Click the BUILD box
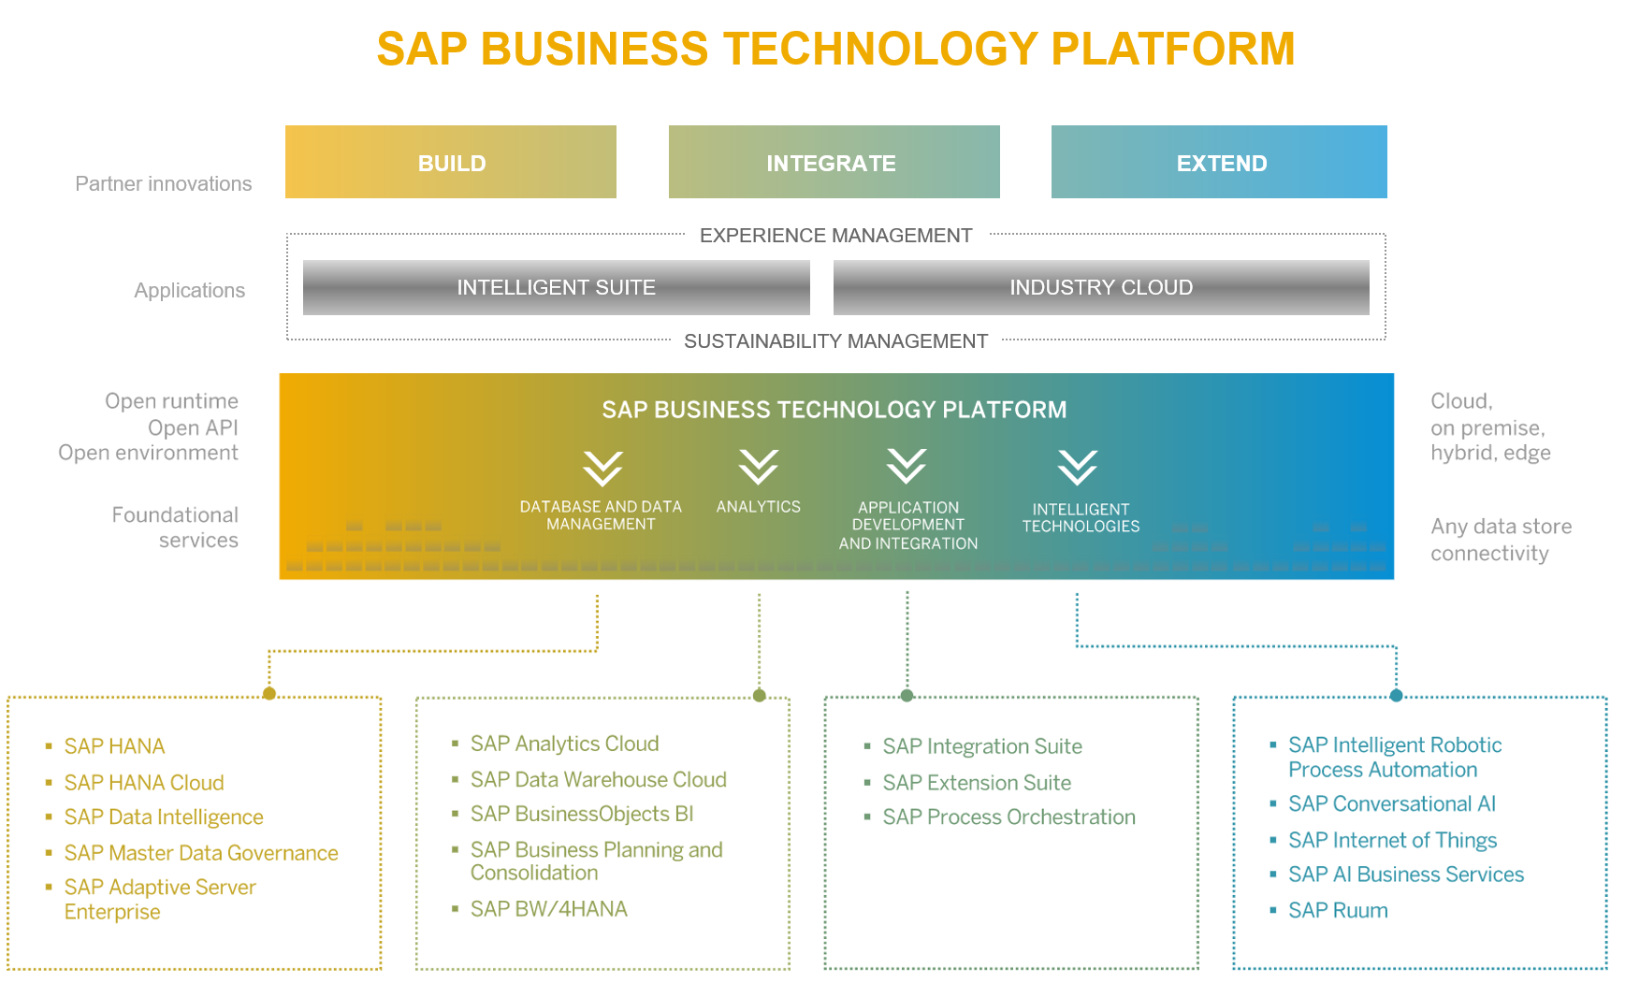tap(451, 163)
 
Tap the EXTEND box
tap(1219, 163)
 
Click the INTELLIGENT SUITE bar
tap(556, 287)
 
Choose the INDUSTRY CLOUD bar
tap(1101, 287)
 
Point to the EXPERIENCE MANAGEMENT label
tap(835, 236)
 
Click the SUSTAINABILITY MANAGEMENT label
tap(835, 341)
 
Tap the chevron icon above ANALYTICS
tap(759, 466)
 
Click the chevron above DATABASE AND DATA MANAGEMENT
tap(602, 468)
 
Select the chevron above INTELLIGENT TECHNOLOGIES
tap(1078, 467)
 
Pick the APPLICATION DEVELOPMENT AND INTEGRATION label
tap(907, 525)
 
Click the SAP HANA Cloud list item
tap(144, 783)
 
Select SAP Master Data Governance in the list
tap(201, 853)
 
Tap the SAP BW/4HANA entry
tap(548, 909)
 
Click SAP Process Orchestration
tap(1008, 817)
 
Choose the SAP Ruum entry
tap(1338, 911)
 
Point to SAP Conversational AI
tap(1391, 804)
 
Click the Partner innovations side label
tap(164, 184)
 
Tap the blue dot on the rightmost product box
tap(1396, 695)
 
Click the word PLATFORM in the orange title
tap(1173, 49)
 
